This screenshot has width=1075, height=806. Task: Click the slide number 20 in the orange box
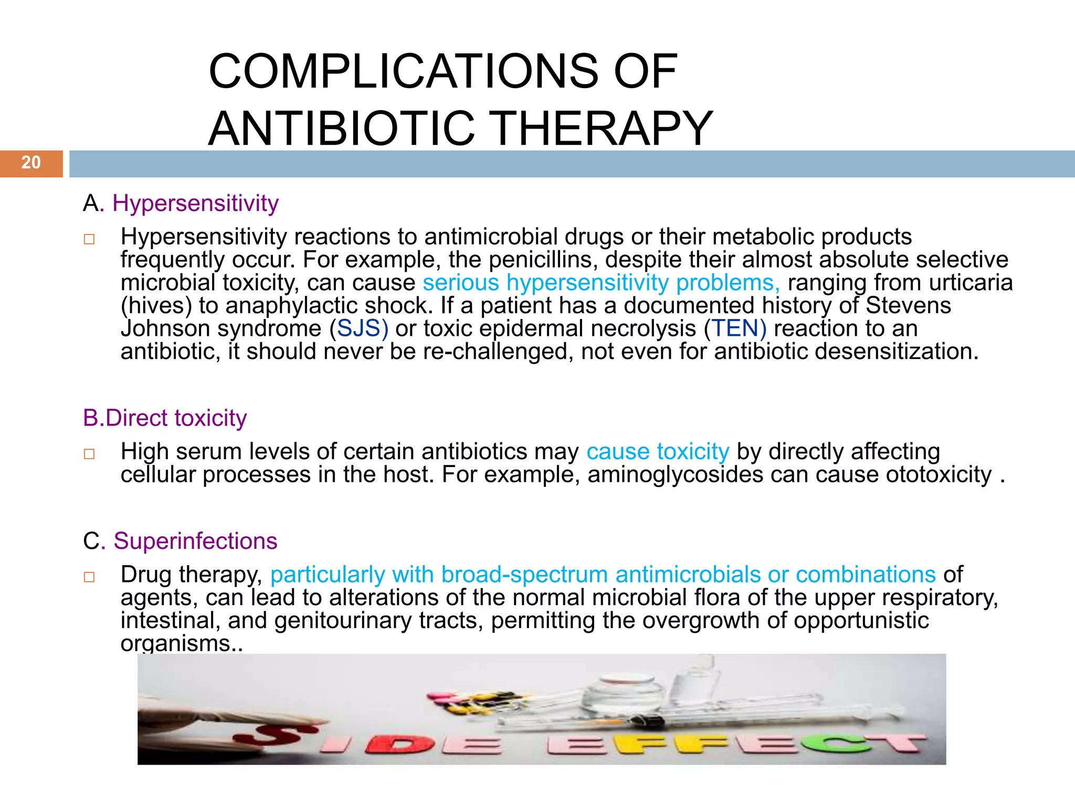[31, 163]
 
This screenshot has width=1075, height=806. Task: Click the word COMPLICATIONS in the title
[403, 71]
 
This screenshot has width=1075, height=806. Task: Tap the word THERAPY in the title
[603, 129]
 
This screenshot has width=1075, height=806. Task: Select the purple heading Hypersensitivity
[195, 203]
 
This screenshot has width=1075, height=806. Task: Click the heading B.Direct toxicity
[165, 418]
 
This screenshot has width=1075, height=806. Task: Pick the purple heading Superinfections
[195, 541]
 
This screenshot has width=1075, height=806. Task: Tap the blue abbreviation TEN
[735, 328]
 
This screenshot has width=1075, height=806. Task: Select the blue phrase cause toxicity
[658, 452]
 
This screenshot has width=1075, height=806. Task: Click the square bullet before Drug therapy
[89, 577]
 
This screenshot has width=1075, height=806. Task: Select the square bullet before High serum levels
[89, 454]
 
